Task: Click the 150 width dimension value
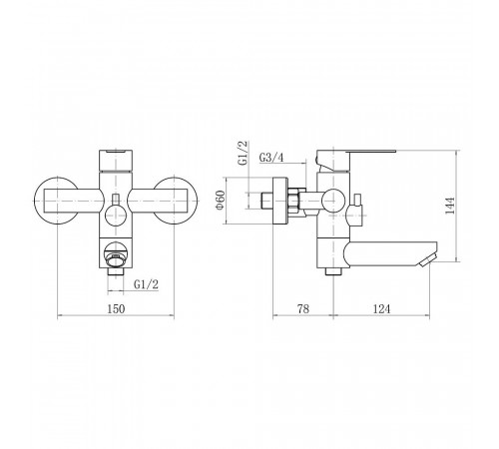tap(116, 308)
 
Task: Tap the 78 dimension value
tap(303, 308)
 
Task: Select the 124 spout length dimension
tap(381, 308)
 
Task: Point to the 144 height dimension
tap(449, 206)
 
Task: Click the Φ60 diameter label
tap(221, 201)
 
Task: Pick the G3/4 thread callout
tap(271, 157)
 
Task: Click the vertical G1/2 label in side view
tap(244, 153)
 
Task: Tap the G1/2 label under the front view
tap(146, 284)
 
